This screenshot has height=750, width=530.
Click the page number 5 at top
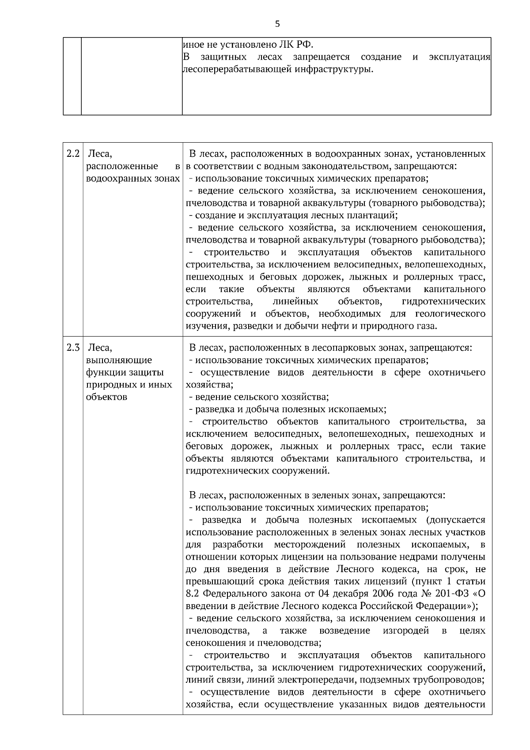[277, 24]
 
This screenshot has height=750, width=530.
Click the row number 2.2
[73, 154]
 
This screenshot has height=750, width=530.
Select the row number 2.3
[73, 347]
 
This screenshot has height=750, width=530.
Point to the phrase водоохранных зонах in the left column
[133, 178]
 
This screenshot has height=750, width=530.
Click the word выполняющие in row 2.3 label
[119, 360]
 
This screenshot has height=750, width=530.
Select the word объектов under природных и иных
[106, 397]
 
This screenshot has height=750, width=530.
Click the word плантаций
[377, 216]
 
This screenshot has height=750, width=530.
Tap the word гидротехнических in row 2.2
[443, 302]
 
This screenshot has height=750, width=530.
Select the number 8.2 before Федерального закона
[193, 593]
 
